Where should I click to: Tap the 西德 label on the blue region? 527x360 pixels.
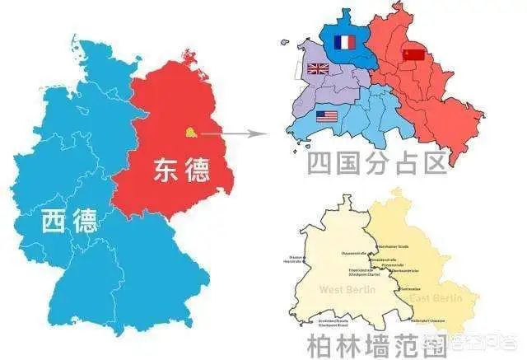click(x=70, y=220)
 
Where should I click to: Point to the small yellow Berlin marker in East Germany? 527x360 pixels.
click(x=190, y=130)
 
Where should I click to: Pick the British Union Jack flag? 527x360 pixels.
click(x=317, y=68)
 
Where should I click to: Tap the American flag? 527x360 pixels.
click(x=327, y=116)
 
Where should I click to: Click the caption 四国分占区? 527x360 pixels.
click(x=376, y=162)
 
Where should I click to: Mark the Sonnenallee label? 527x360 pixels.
click(x=410, y=289)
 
